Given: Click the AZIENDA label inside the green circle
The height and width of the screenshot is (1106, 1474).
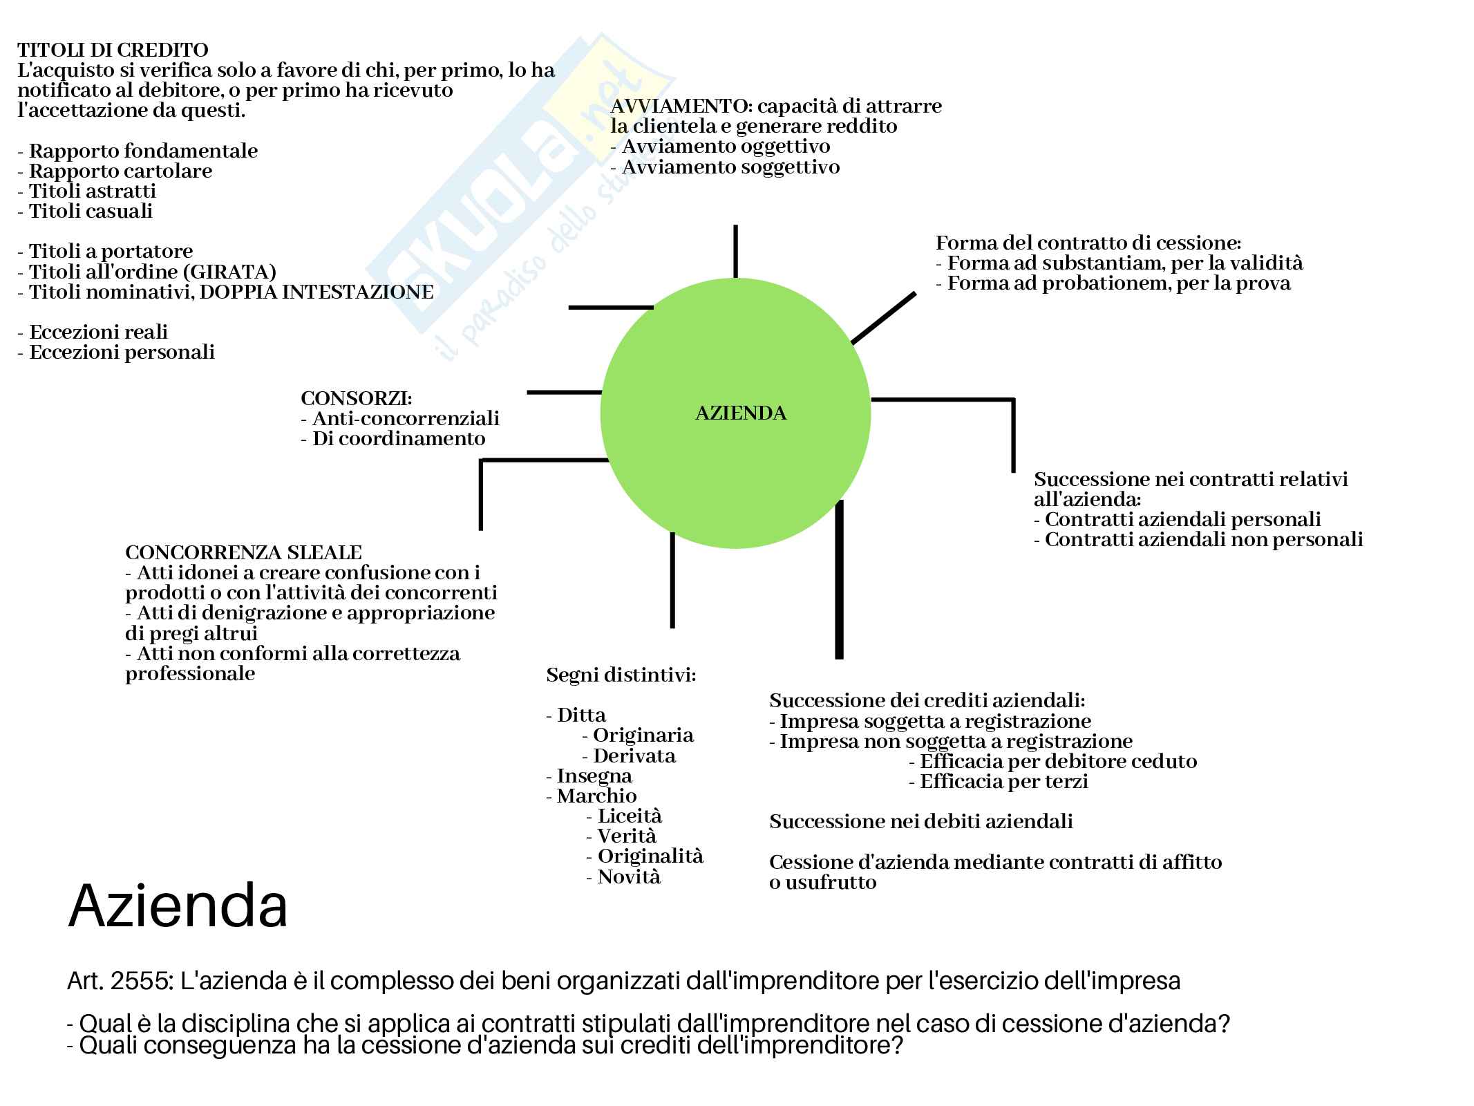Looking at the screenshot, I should [x=740, y=413].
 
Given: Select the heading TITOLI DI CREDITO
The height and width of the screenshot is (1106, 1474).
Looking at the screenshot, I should [x=113, y=50].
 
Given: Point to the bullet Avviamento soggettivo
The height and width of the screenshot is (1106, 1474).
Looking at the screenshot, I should [x=730, y=167].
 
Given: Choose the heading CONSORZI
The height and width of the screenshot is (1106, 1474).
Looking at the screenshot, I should [x=356, y=399].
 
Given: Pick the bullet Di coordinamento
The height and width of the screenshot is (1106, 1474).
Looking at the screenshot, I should [x=398, y=439].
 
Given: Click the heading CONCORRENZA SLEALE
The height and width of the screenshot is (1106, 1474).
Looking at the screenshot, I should [x=243, y=553].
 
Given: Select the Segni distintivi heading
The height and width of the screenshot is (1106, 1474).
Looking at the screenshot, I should [x=621, y=675].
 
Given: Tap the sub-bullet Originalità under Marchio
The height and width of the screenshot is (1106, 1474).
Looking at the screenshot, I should [x=650, y=856].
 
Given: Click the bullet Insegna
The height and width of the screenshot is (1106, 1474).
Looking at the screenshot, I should [x=594, y=776].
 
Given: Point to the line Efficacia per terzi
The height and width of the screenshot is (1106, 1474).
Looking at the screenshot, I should [x=1003, y=782].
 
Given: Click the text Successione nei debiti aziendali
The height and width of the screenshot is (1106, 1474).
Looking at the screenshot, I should [x=920, y=822].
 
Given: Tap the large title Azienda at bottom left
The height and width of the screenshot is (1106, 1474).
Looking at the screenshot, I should [x=178, y=906].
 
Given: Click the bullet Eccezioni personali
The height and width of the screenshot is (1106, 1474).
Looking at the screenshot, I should [x=122, y=353].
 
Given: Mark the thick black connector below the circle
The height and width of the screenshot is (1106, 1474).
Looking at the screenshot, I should [x=839, y=581].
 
